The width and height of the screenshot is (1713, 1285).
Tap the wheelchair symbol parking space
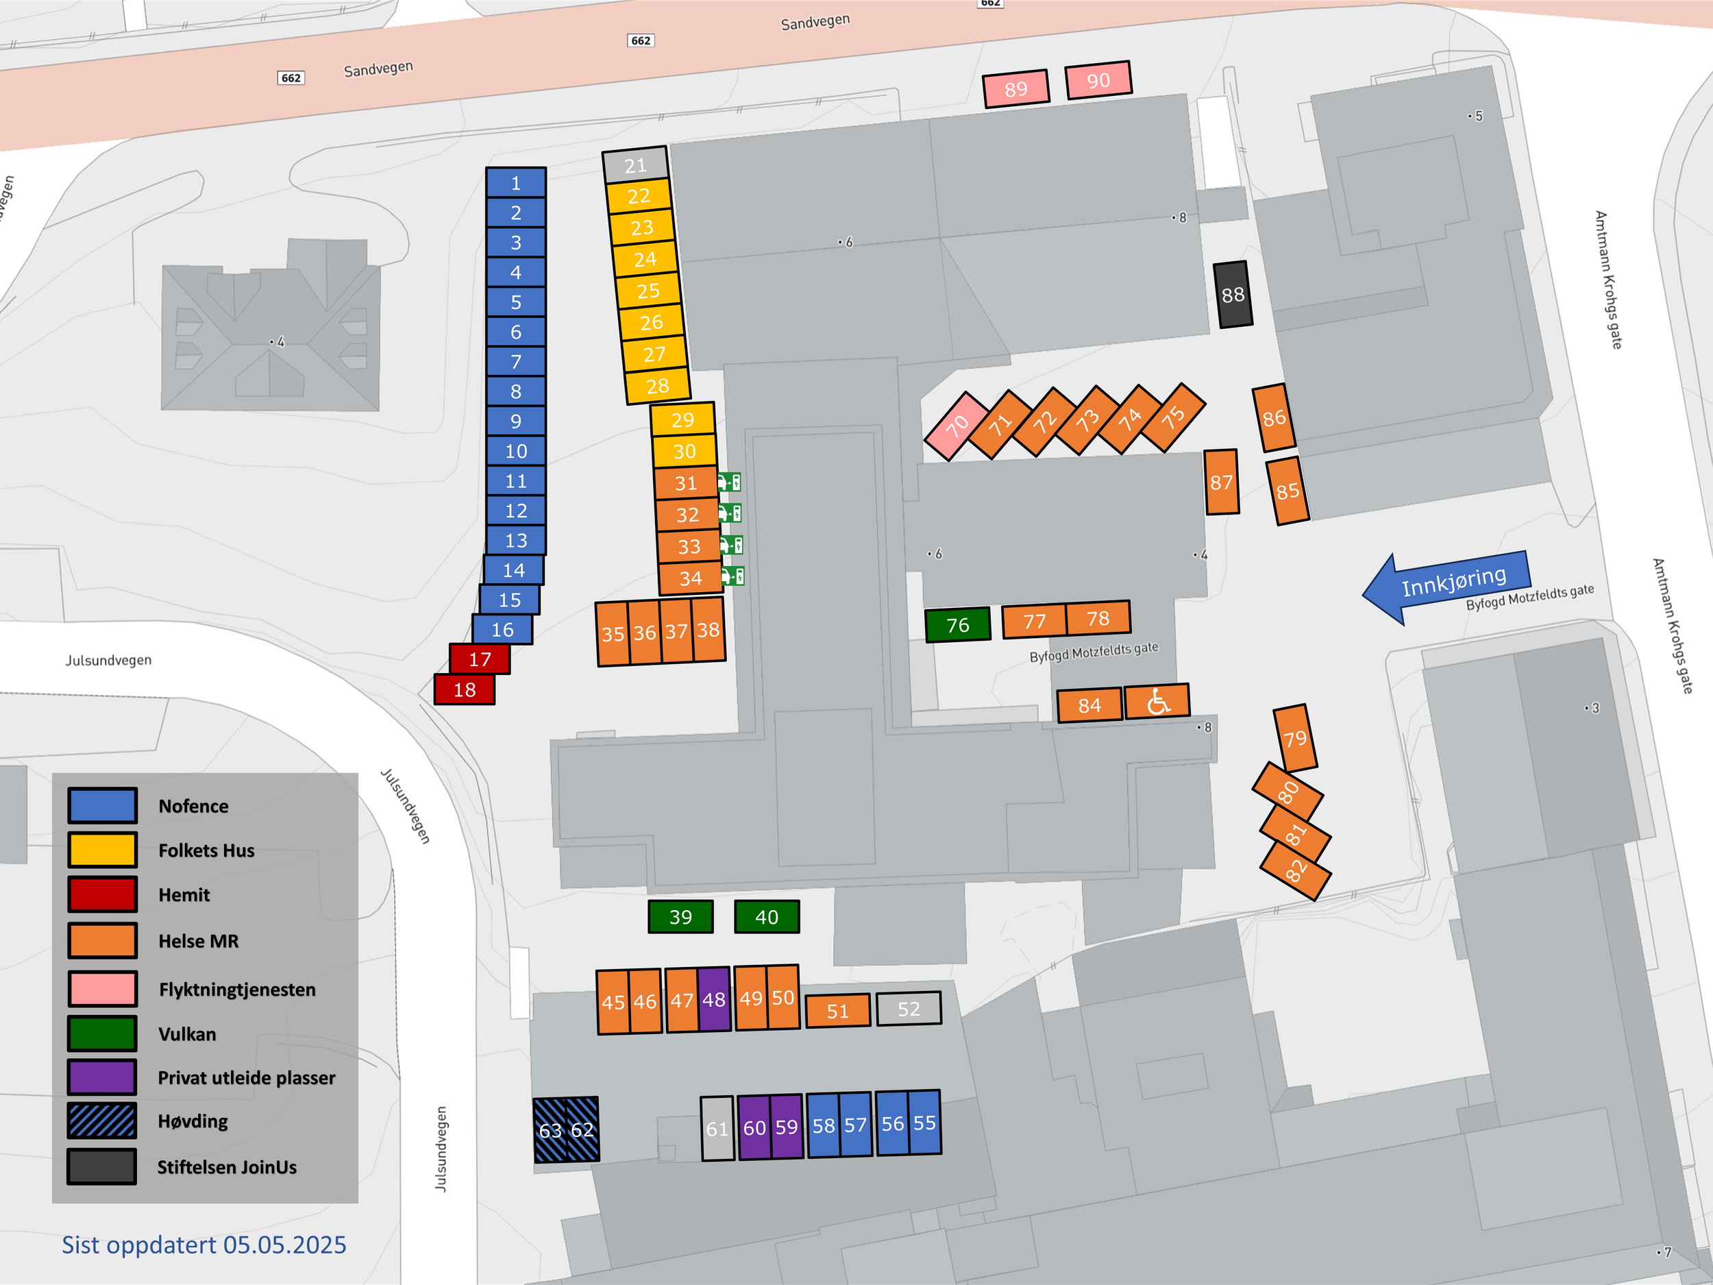[1157, 702]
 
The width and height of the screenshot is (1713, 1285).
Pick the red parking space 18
[464, 689]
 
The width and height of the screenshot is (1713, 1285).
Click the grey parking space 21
[635, 165]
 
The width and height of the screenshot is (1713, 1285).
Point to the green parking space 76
[957, 624]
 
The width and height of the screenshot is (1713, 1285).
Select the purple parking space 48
[714, 999]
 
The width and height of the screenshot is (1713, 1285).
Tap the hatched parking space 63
[550, 1130]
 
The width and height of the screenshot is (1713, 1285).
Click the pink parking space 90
[1098, 79]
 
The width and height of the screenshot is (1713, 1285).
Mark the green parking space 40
[767, 917]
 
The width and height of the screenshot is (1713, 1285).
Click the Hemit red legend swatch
[102, 894]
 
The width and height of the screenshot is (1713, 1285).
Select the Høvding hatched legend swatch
[102, 1121]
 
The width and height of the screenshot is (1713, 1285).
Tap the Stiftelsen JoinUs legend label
[227, 1167]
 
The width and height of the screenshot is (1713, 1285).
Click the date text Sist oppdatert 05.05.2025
[204, 1245]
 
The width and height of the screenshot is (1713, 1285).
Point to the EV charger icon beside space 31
[730, 482]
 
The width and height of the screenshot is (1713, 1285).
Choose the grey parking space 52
[909, 1009]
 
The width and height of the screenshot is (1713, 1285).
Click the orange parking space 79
[1295, 737]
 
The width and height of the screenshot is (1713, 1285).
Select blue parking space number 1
[516, 183]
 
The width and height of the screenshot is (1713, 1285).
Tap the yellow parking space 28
[658, 386]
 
